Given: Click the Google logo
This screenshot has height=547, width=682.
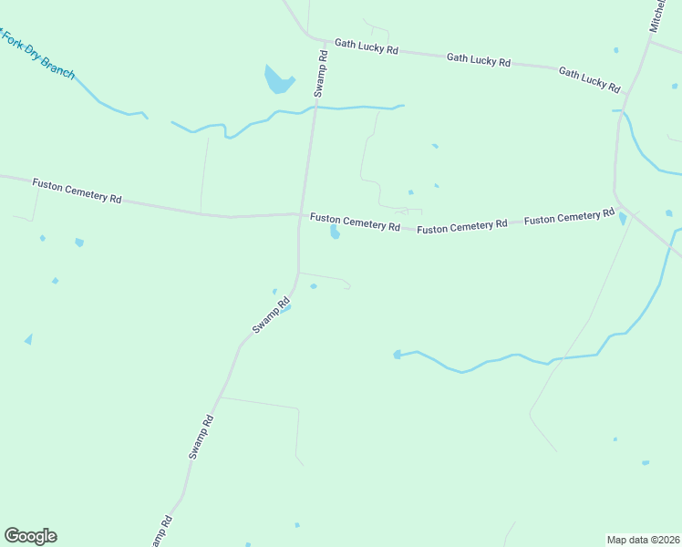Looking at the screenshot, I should (30, 536).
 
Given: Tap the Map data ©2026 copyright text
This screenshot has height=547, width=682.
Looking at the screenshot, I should (643, 539).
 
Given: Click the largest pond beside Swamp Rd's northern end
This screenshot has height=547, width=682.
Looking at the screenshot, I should (277, 80).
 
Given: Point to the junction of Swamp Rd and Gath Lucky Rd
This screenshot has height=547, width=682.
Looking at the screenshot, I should (325, 41).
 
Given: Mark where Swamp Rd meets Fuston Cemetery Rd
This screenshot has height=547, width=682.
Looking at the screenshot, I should (300, 215).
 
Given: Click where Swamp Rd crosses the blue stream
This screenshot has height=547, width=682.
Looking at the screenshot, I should (315, 108).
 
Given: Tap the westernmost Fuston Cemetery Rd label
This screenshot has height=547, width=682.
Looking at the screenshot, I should (77, 190).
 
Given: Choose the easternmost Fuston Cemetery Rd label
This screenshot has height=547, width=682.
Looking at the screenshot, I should (569, 217).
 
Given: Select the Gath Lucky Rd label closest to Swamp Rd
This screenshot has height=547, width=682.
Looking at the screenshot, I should (366, 46).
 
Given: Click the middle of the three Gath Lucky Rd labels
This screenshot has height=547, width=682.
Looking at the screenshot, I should (478, 59).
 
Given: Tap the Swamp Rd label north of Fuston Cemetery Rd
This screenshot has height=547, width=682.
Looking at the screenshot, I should (321, 74).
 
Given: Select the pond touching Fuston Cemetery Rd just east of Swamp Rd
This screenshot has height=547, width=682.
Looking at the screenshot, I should (335, 232).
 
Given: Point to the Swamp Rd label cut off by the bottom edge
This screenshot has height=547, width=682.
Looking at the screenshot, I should (163, 532).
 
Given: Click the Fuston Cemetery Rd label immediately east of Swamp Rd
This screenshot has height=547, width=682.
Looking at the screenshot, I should (355, 222).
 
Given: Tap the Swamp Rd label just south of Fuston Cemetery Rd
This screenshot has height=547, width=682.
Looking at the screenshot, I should (271, 315).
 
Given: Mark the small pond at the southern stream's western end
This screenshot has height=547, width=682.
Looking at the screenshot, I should (397, 354).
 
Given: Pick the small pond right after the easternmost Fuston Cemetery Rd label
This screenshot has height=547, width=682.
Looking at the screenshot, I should (623, 219).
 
